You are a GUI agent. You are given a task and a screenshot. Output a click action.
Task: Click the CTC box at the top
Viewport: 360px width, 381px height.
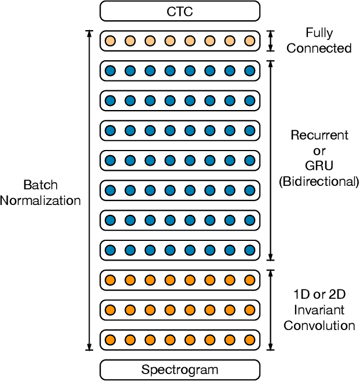179,10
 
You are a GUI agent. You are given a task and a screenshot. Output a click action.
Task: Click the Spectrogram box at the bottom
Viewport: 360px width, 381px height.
179,369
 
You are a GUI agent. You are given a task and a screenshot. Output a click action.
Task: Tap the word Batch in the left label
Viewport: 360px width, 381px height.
41,185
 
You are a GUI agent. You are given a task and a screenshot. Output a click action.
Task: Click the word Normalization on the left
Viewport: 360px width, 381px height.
41,201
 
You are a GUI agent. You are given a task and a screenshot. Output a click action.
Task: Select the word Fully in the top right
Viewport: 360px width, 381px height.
319,34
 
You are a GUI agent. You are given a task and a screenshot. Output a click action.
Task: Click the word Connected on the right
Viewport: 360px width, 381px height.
319,48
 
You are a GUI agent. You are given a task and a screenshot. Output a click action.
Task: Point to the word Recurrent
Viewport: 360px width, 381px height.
319,135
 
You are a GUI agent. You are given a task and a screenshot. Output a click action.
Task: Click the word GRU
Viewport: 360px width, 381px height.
319,166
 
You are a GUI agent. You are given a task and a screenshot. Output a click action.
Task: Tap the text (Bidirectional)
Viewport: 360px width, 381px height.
319,182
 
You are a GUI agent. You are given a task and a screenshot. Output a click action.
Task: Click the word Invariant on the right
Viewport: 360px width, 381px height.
319,310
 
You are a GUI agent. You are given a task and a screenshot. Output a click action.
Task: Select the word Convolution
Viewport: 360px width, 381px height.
319,325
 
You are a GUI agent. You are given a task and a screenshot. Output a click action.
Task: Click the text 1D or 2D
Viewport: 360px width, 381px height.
319,294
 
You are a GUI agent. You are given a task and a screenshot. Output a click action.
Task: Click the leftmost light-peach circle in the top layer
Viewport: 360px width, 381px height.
110,41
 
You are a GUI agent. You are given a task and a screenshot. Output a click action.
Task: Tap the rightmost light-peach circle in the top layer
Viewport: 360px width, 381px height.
249,41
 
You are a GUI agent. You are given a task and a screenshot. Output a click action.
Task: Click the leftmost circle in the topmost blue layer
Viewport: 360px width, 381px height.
110,71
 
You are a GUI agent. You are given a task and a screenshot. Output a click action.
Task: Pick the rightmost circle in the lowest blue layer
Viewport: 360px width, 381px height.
249,250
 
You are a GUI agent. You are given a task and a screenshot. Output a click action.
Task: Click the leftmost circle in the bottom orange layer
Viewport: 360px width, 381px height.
110,340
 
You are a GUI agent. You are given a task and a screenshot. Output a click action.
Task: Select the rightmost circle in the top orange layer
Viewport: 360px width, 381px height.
249,280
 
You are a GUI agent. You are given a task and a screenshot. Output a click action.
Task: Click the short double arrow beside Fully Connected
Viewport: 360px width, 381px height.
270,41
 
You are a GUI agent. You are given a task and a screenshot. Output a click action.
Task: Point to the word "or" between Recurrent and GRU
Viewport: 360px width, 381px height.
319,151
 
